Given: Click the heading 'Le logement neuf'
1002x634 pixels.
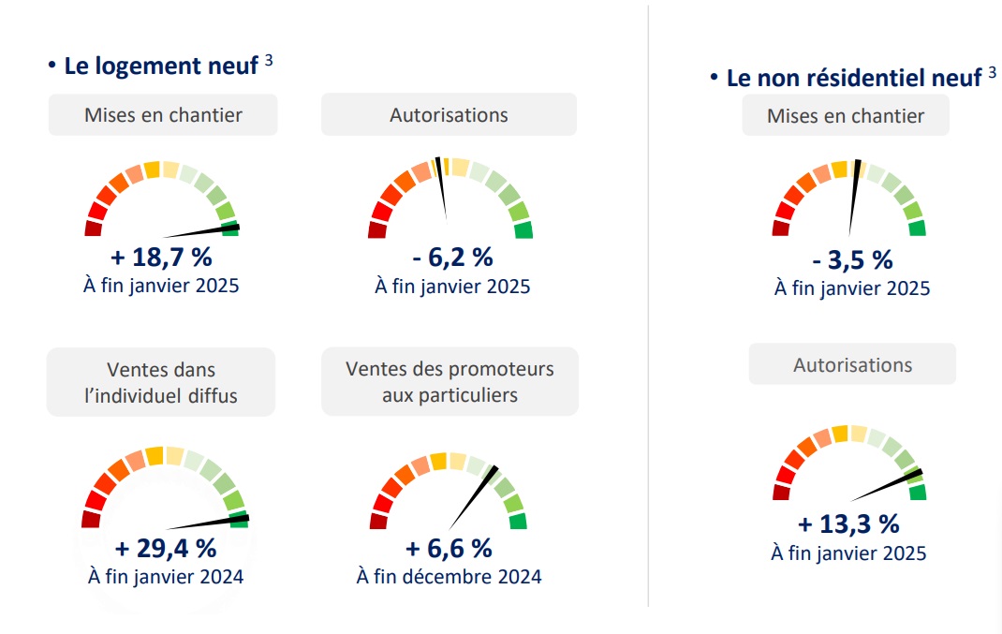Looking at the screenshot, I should [161, 66].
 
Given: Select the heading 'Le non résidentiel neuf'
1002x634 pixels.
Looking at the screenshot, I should [853, 78].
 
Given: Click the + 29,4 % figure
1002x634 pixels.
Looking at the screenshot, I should [166, 547].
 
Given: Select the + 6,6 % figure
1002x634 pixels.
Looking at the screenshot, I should [449, 547].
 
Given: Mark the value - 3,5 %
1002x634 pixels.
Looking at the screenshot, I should [852, 259].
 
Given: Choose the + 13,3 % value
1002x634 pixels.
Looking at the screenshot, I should [848, 523].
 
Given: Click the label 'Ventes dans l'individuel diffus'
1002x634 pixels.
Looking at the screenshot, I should [161, 382].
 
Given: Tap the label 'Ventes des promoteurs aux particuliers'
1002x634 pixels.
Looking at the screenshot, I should [449, 381].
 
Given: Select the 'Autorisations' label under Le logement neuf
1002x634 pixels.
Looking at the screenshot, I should [449, 115].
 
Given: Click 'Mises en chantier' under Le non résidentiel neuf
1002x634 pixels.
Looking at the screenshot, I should [846, 116].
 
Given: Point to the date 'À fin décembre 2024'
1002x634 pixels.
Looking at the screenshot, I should [449, 576].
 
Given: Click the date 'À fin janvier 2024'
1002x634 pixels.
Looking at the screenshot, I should [166, 576].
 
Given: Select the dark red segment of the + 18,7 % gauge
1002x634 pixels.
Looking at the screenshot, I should [93, 229].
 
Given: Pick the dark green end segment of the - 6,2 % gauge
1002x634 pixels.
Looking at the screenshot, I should [523, 230].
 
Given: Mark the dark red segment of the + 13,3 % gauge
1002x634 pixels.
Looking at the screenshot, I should [781, 493].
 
